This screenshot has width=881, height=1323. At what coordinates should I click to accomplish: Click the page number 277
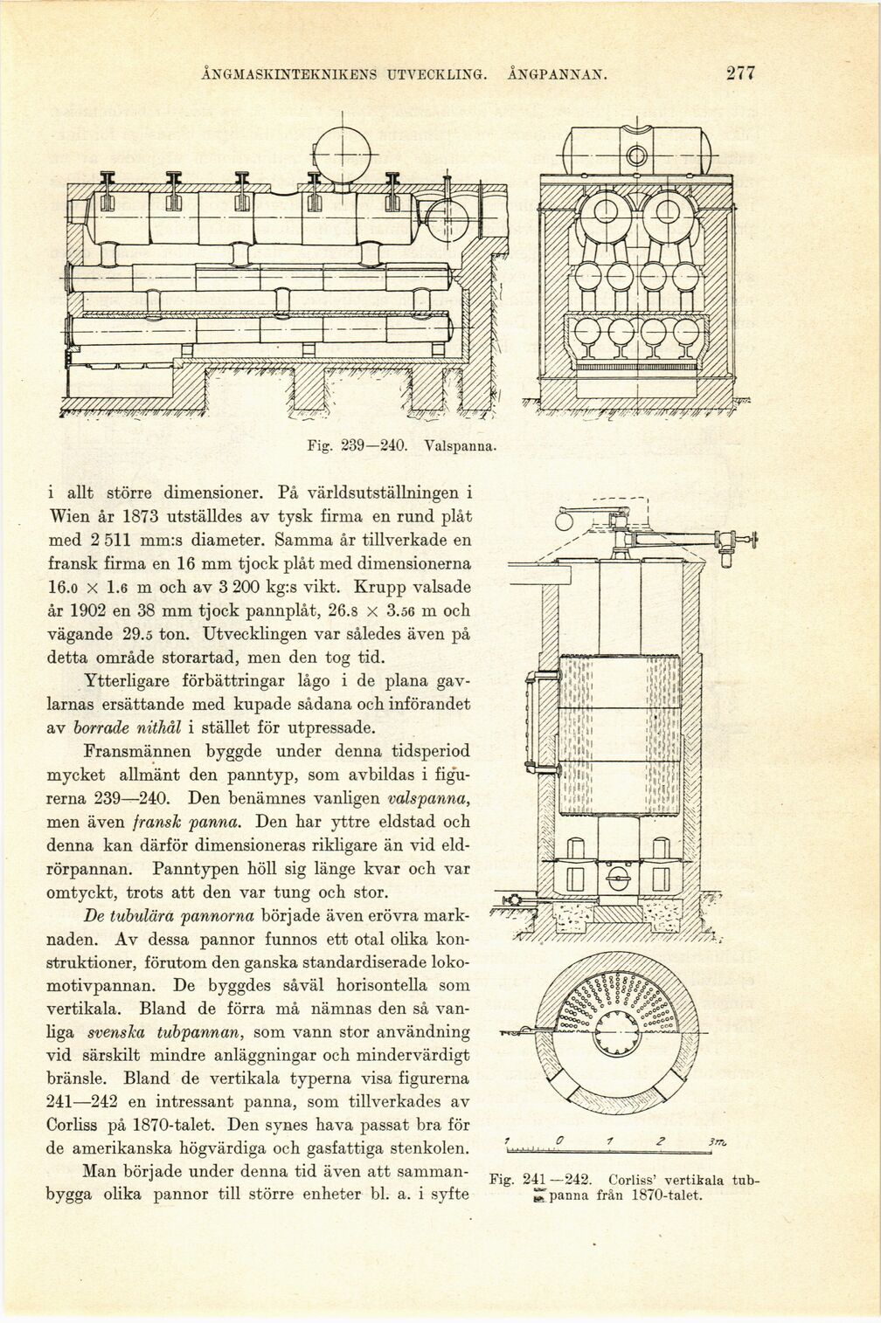[739, 73]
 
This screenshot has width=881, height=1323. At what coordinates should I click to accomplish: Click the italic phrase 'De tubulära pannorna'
[170, 917]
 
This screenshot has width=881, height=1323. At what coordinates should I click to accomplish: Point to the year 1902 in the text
[101, 609]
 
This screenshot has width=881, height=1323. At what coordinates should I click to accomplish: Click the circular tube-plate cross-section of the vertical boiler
[621, 1018]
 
